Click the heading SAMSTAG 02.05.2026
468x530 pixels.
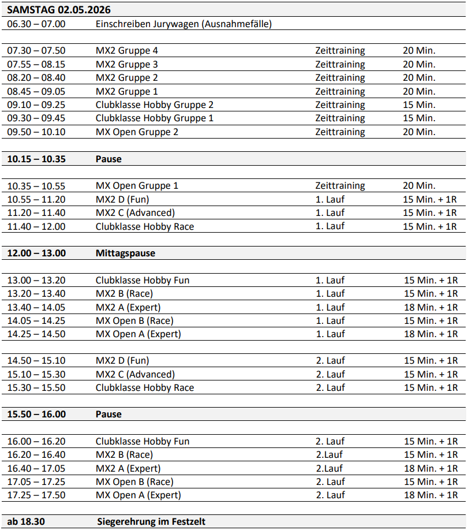click(x=59, y=10)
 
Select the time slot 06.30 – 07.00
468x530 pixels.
click(x=36, y=24)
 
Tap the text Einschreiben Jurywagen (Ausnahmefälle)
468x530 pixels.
click(x=184, y=24)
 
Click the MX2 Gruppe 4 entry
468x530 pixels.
click(x=127, y=51)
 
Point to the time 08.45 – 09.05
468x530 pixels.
click(x=36, y=91)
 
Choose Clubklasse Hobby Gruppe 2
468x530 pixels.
click(x=155, y=104)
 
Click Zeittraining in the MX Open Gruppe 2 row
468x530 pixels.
click(x=340, y=132)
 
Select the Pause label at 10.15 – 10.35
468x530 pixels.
click(x=108, y=159)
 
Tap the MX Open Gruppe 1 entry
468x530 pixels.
click(x=137, y=185)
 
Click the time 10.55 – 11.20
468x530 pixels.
click(x=36, y=199)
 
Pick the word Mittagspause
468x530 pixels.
click(x=125, y=253)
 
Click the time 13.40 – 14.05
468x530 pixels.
click(x=36, y=307)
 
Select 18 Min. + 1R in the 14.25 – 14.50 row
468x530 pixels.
click(x=430, y=334)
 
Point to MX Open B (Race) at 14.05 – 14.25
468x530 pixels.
click(x=134, y=320)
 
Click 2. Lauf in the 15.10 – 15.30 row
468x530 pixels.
click(x=330, y=374)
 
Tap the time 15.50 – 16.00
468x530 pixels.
click(x=36, y=414)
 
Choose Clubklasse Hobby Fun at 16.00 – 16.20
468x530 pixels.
click(x=143, y=441)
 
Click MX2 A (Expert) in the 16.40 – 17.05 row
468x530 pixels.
click(x=128, y=468)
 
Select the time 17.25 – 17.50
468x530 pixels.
click(x=36, y=495)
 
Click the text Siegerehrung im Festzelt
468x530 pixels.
click(x=151, y=521)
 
